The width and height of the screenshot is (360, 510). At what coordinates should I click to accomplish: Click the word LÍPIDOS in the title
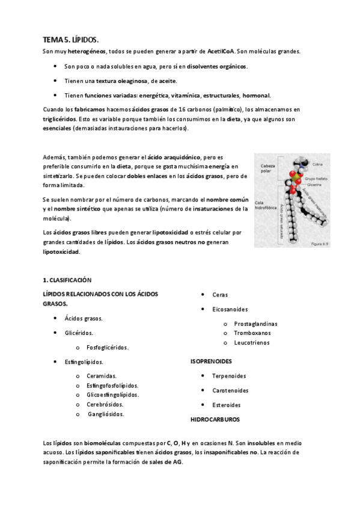(x=85, y=40)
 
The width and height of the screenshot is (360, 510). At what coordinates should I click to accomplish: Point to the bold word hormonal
(x=257, y=95)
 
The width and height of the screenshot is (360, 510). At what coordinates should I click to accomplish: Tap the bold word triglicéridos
(x=59, y=119)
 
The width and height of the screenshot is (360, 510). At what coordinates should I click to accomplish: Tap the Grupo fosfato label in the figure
(x=317, y=179)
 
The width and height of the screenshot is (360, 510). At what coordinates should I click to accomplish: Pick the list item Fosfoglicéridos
(x=108, y=348)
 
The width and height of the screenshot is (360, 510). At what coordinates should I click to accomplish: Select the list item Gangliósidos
(x=106, y=414)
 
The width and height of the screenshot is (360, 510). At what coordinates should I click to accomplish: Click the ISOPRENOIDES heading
(x=211, y=361)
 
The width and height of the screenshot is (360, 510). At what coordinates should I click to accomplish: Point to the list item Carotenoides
(x=230, y=390)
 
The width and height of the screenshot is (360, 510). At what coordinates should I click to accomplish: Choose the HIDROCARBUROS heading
(x=215, y=419)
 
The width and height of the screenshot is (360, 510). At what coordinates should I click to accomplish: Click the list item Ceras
(x=219, y=295)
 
